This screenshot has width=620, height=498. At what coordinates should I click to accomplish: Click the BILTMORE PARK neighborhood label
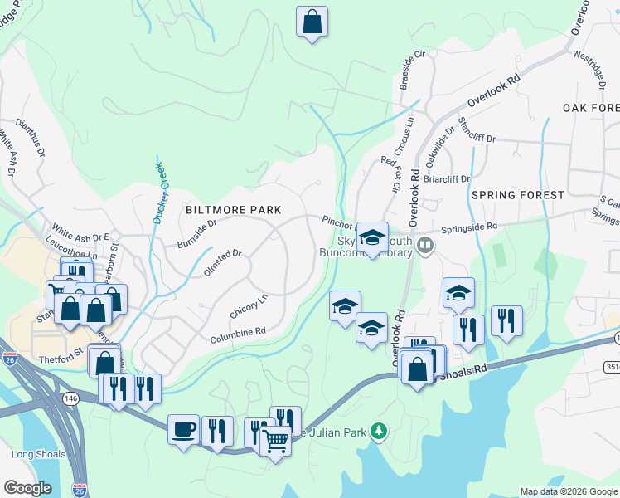(x=234, y=210)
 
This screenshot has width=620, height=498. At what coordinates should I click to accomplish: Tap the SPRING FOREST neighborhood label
(x=517, y=195)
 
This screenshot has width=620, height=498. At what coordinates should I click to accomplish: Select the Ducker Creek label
(x=160, y=193)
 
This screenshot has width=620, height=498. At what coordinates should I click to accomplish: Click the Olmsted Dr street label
(x=221, y=264)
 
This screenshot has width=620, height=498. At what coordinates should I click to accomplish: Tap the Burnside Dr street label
(x=196, y=234)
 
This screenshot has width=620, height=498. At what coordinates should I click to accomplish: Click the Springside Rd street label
(x=469, y=226)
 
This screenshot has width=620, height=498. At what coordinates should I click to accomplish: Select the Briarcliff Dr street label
(x=447, y=178)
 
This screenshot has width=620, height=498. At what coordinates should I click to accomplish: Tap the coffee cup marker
(x=183, y=430)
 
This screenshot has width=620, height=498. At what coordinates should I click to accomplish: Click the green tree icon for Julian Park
(x=379, y=430)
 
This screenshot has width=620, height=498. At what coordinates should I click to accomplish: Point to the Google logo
(x=27, y=488)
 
